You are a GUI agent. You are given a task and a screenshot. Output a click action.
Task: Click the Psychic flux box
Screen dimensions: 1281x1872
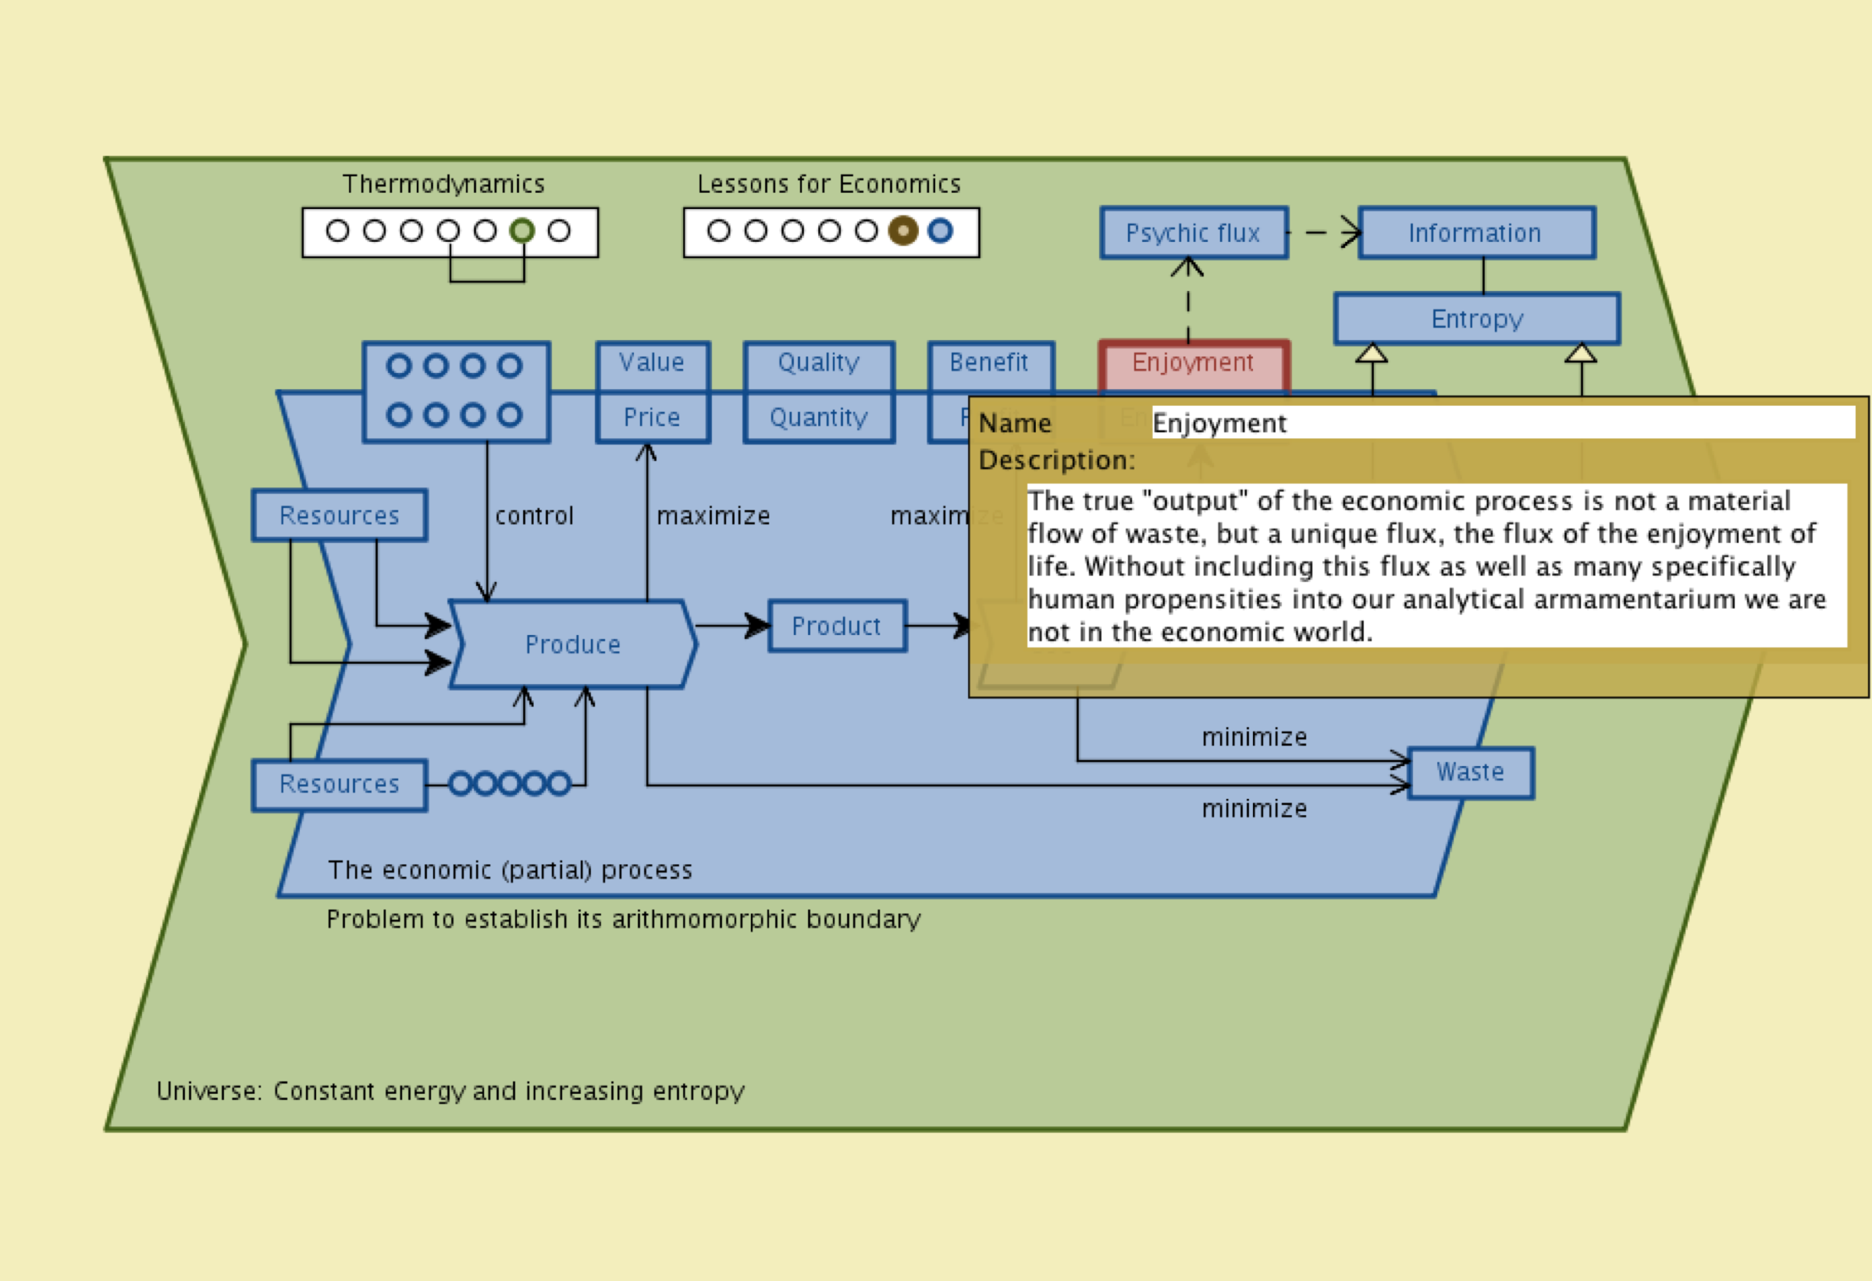[x=1193, y=233]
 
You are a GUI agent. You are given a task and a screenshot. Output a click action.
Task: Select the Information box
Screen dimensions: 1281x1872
[x=1475, y=233]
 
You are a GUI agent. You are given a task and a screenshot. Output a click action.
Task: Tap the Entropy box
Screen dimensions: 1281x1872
[x=1476, y=319]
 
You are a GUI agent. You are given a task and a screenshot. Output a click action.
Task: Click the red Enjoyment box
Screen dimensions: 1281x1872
[x=1193, y=363]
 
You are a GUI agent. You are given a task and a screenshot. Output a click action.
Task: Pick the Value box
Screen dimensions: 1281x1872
[x=652, y=363]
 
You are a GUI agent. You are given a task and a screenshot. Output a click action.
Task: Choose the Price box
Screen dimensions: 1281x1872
[x=652, y=417]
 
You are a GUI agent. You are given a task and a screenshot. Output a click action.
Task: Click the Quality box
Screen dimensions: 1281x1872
[x=818, y=363]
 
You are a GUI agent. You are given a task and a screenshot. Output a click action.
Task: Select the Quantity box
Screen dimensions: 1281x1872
[x=818, y=417]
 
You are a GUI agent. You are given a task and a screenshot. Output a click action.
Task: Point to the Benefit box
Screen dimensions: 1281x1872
[x=989, y=363]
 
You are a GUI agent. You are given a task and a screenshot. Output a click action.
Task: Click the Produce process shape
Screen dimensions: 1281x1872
[x=573, y=644]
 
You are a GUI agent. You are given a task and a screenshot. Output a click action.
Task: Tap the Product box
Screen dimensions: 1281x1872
[x=836, y=626]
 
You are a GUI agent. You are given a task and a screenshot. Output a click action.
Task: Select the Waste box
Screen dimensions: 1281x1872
[x=1470, y=772]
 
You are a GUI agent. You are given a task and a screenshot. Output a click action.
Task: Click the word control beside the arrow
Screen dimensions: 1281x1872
[x=534, y=516]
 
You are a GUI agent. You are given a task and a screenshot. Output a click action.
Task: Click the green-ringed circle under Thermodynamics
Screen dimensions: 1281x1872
[x=522, y=231]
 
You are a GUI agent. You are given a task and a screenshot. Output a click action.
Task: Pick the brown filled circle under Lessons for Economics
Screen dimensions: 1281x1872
[x=903, y=231]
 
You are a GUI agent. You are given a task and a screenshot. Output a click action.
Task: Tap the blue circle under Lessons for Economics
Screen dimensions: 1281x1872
[x=940, y=231]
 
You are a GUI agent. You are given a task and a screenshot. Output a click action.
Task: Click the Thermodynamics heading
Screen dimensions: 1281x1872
[x=444, y=184]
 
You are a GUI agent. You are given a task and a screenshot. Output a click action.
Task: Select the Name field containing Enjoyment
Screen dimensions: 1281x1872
[x=1498, y=423]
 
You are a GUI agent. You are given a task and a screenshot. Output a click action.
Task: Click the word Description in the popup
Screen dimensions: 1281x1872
[x=1055, y=460]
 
